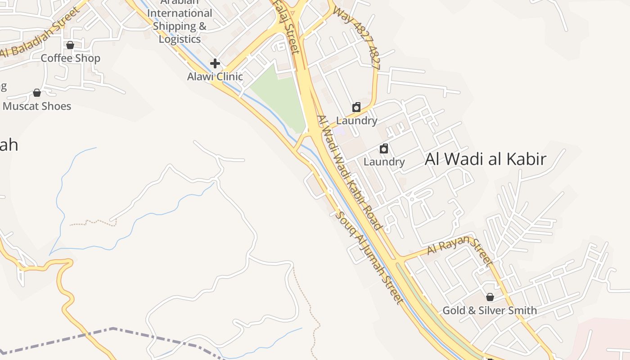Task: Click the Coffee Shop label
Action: coord(70,58)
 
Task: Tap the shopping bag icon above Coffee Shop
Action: coord(70,45)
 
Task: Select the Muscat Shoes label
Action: coord(37,106)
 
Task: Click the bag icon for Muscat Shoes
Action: coord(37,93)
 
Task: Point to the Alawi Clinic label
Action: coord(215,76)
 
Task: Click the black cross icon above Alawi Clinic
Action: coord(215,63)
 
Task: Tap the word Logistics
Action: coord(180,39)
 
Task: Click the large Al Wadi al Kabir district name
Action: coord(486,159)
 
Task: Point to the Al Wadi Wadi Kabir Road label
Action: coord(349,173)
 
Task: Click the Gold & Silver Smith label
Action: coord(490,310)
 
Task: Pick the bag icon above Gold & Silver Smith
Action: coord(490,297)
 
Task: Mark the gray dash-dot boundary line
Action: coord(112,329)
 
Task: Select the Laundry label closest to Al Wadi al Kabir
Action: coord(384,162)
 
